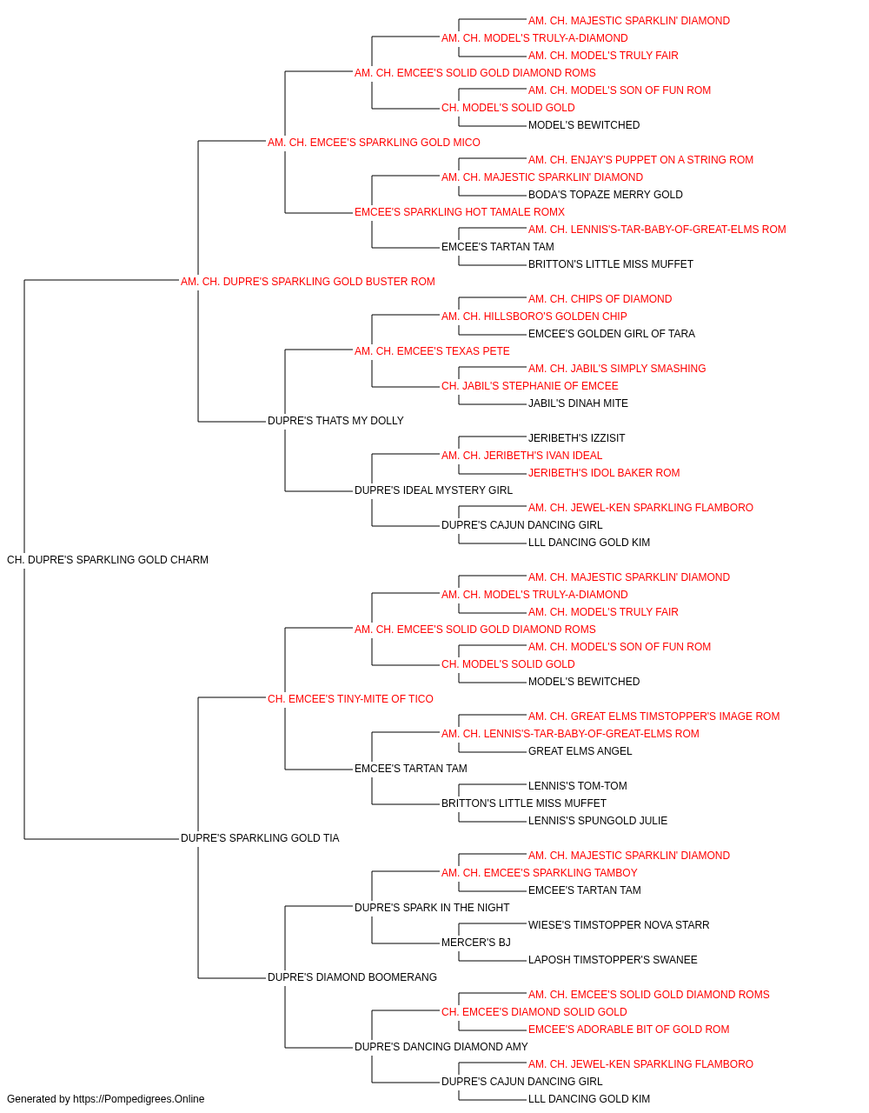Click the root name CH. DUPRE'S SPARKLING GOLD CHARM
(108, 560)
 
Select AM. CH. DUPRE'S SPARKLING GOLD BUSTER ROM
(308, 282)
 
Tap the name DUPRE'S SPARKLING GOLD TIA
(260, 838)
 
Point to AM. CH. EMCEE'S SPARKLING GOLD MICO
(374, 143)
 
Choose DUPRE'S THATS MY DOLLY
(335, 421)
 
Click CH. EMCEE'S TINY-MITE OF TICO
(350, 699)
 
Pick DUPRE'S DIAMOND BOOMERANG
(352, 977)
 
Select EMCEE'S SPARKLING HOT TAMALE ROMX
(459, 212)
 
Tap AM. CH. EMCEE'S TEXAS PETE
(432, 351)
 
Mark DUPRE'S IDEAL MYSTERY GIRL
(433, 490)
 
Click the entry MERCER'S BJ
(476, 943)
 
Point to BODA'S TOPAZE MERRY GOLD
(605, 195)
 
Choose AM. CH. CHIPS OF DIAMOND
(600, 299)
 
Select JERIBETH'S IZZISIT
(576, 438)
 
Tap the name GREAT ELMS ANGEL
(580, 751)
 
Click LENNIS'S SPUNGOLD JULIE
(597, 821)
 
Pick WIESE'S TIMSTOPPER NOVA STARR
(618, 925)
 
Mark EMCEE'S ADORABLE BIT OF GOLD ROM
(628, 1030)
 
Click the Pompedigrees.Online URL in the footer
(138, 1099)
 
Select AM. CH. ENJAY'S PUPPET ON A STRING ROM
(640, 160)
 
